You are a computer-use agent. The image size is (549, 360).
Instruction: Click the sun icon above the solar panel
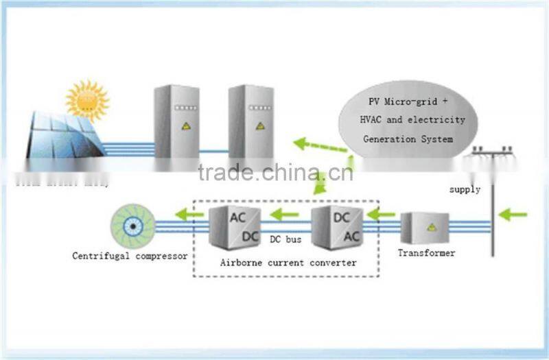pyautogui.click(x=87, y=100)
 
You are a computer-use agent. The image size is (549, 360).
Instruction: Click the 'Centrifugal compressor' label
pyautogui.click(x=130, y=256)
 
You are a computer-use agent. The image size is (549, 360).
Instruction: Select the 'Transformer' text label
pyautogui.click(x=426, y=254)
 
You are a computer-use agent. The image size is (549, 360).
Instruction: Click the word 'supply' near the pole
pyautogui.click(x=465, y=189)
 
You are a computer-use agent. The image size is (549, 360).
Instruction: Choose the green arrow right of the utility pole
pyautogui.click(x=513, y=215)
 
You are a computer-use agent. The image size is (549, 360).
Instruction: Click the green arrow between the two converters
pyautogui.click(x=284, y=214)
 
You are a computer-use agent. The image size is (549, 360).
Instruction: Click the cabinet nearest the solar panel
pyautogui.click(x=176, y=123)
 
